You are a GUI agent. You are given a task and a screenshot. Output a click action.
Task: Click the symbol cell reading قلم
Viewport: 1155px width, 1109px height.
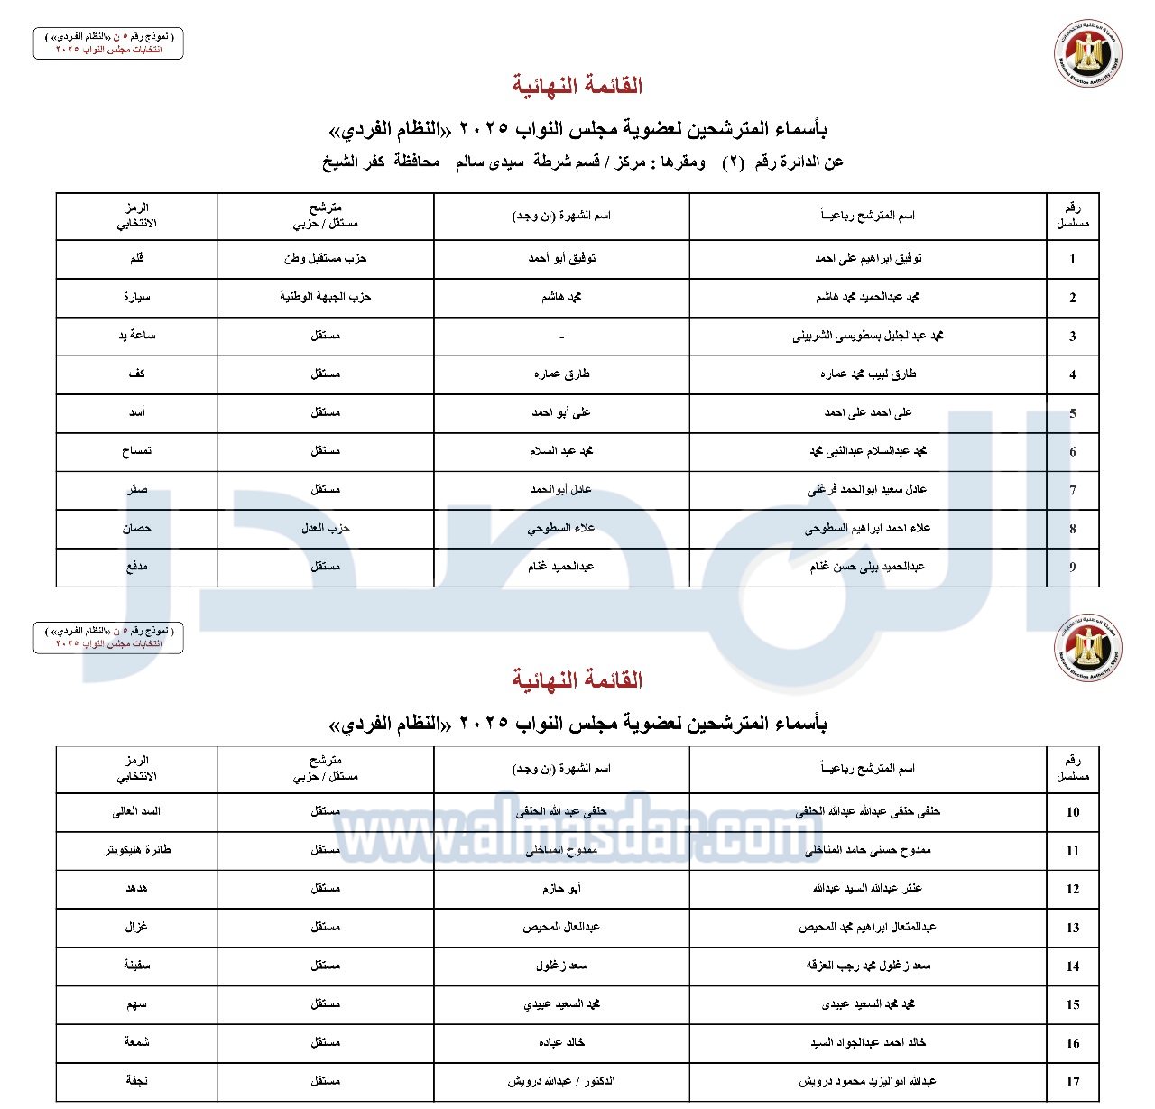137,259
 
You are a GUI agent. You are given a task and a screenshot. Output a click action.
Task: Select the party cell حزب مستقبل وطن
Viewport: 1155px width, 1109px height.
325,259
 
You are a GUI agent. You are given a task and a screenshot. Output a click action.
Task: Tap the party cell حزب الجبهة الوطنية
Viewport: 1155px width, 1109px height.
325,297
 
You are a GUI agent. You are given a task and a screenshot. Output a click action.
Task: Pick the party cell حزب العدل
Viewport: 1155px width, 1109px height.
325,528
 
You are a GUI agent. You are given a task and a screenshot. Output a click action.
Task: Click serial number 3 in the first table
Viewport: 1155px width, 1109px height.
1072,337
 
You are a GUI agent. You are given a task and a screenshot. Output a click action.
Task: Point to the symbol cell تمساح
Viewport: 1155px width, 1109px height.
137,451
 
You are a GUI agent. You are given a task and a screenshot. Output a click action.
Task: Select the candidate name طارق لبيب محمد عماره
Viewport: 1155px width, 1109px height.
868,374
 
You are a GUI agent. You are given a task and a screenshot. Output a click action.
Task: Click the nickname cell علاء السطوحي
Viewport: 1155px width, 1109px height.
561,528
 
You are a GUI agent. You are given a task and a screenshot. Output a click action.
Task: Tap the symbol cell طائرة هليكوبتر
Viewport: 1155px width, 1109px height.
137,850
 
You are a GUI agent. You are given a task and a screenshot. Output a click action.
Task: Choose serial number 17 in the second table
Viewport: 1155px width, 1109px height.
1072,1081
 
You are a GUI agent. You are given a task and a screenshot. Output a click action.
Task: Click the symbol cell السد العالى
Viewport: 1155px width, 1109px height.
137,811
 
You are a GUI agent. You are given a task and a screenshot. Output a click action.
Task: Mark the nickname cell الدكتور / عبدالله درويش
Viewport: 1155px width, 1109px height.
561,1081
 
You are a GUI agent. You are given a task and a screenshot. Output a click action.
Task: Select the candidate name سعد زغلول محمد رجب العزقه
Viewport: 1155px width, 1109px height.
868,966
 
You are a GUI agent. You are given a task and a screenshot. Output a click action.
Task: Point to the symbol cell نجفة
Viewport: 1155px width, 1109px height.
137,1081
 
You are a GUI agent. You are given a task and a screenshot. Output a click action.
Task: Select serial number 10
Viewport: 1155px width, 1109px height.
1072,812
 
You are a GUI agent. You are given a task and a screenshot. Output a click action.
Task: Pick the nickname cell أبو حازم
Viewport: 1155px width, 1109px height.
561,889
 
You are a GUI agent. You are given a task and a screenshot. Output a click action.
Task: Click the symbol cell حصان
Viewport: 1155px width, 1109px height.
137,528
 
